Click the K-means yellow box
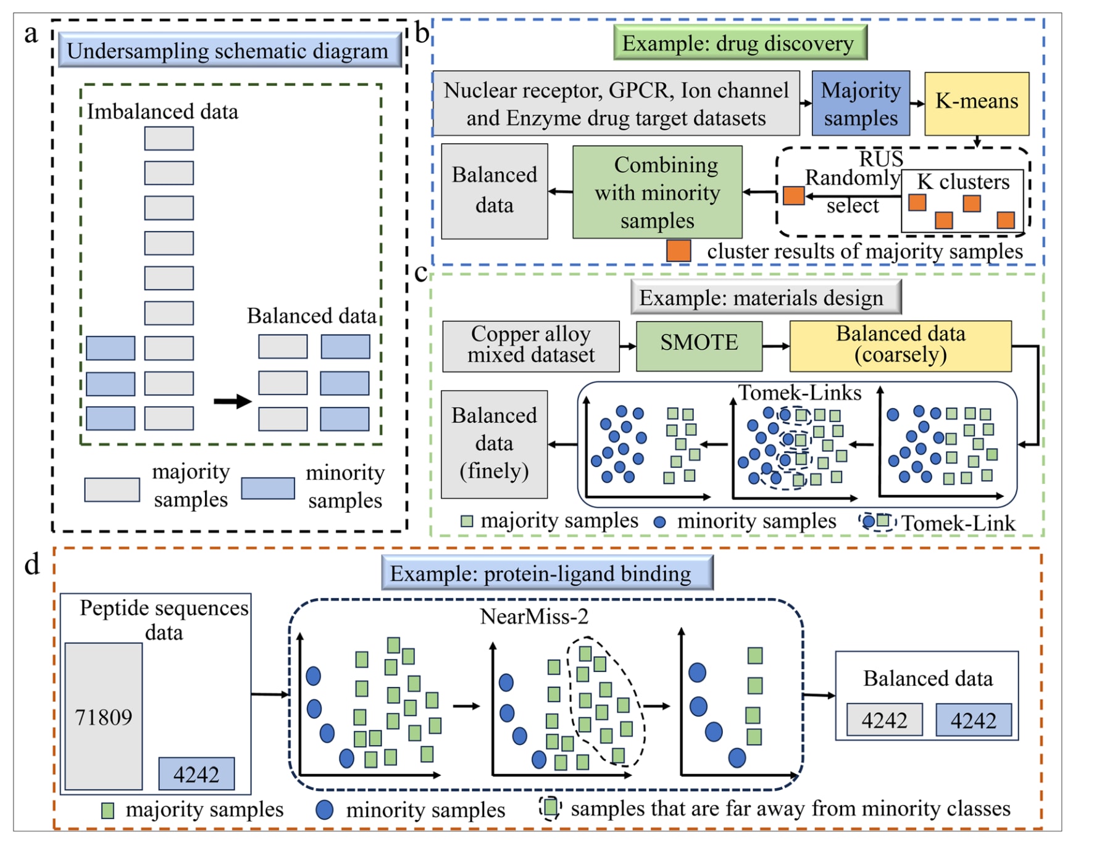point(976,103)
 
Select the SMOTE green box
point(699,345)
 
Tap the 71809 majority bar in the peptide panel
point(104,716)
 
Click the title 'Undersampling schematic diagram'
point(229,50)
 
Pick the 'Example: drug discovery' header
point(740,43)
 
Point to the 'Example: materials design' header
point(765,297)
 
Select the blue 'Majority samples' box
point(860,103)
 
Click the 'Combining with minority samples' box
point(657,192)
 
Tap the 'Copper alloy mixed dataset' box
point(530,345)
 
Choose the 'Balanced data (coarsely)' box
point(900,345)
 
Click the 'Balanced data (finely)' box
point(494,444)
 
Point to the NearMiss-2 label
point(534,616)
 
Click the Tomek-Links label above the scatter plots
point(800,393)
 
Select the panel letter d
point(31,564)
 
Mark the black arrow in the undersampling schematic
point(232,402)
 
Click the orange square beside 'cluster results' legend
point(678,251)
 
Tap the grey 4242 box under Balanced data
point(884,720)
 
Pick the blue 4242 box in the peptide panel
point(196,773)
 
